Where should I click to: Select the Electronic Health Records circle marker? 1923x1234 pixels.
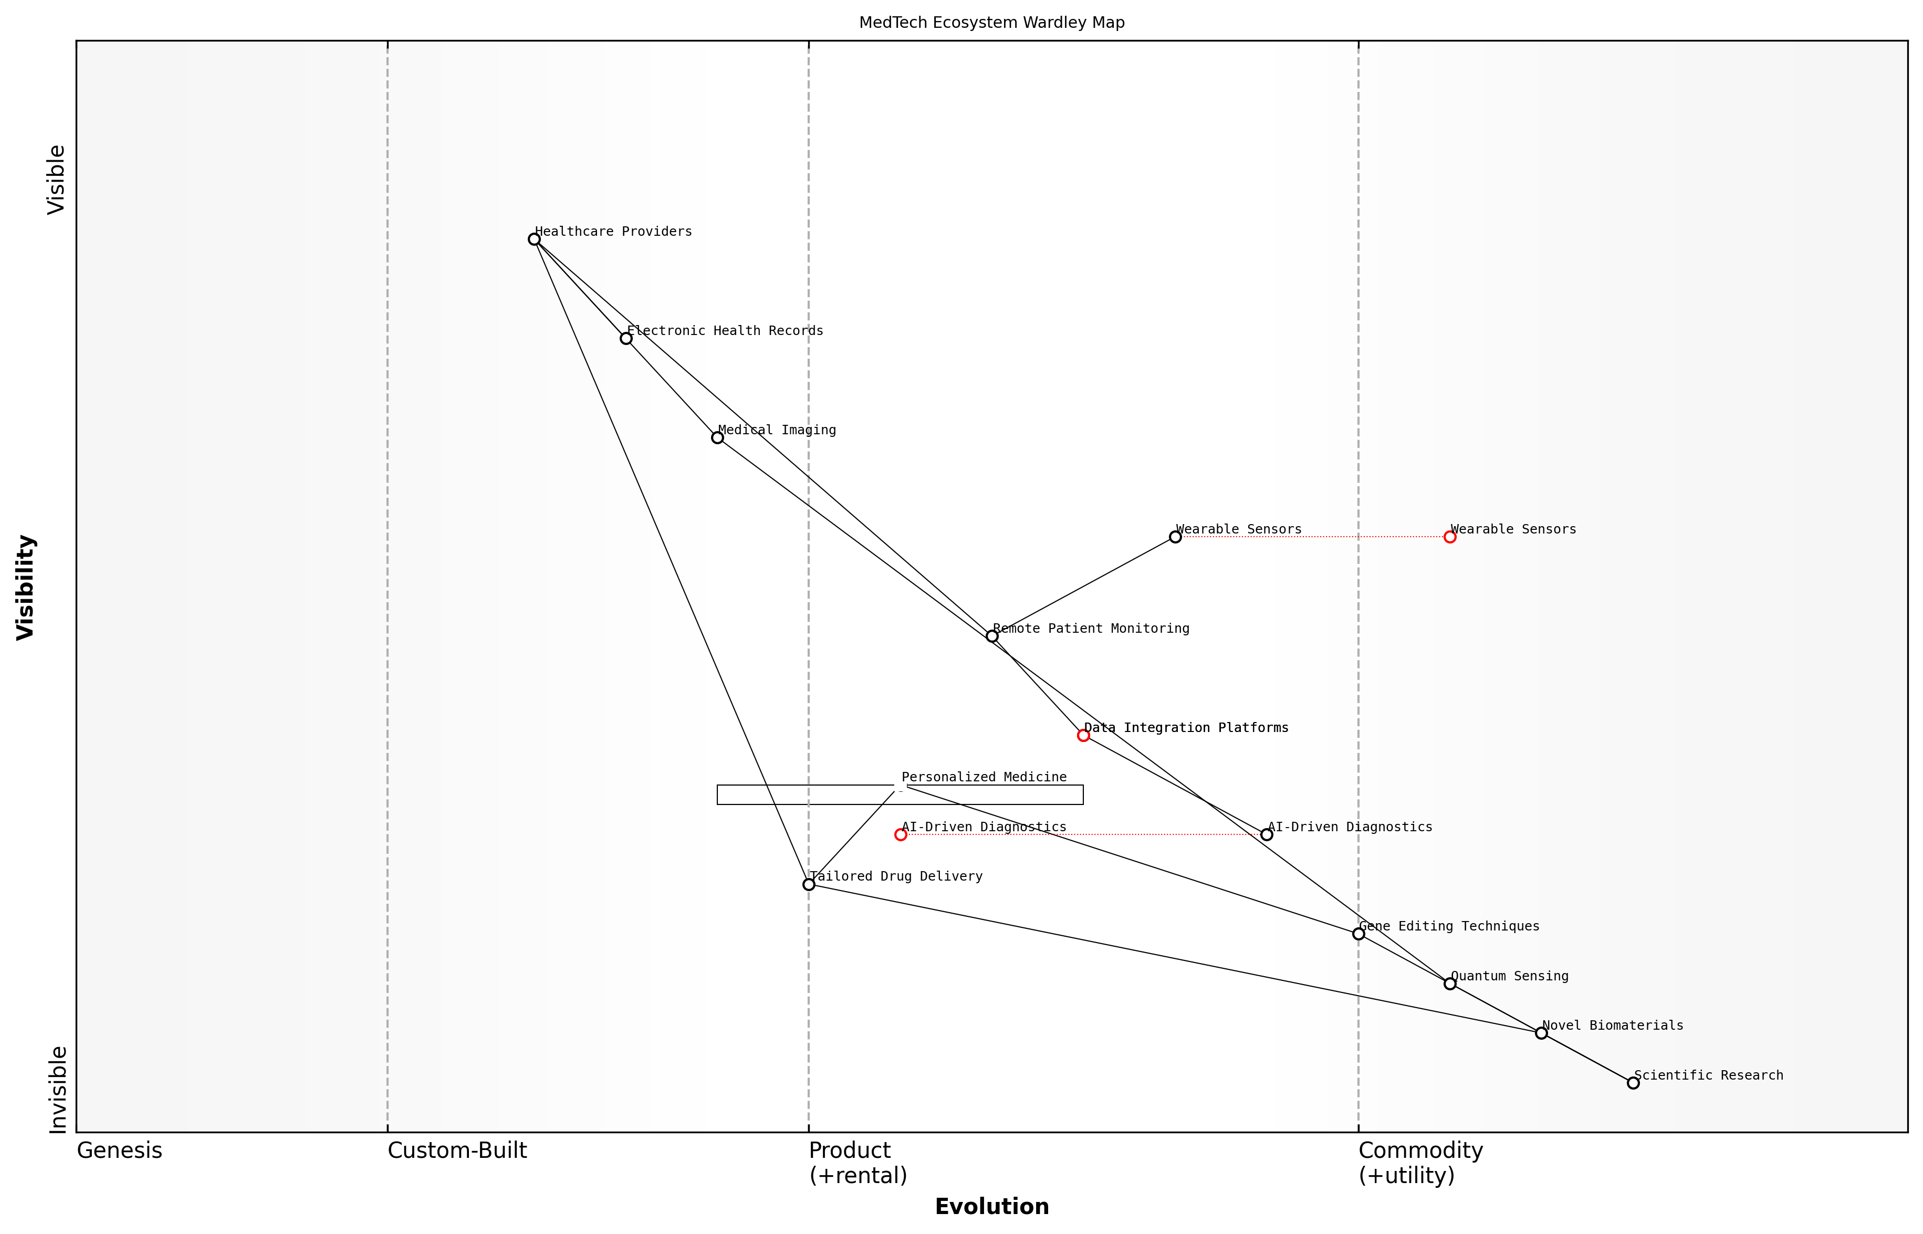[626, 339]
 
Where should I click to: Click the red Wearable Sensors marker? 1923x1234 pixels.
[1449, 537]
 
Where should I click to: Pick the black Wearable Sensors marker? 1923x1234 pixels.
[1175, 537]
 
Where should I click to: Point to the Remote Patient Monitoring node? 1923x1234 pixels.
[992, 636]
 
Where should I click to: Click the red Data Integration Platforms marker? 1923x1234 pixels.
[1083, 736]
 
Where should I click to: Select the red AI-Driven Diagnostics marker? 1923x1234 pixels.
[901, 835]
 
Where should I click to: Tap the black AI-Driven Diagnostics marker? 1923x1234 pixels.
[1267, 835]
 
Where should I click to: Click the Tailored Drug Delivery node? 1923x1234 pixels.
[809, 885]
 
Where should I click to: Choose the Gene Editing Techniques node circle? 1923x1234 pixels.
[1358, 934]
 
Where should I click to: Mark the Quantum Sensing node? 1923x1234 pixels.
[1449, 983]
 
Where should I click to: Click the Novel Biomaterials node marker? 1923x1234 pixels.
[1541, 1033]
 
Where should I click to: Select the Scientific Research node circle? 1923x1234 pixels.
[1633, 1083]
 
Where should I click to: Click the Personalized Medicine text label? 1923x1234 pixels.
[984, 777]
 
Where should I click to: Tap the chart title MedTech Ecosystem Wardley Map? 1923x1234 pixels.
[992, 23]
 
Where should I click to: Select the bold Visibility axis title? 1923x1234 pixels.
[26, 588]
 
